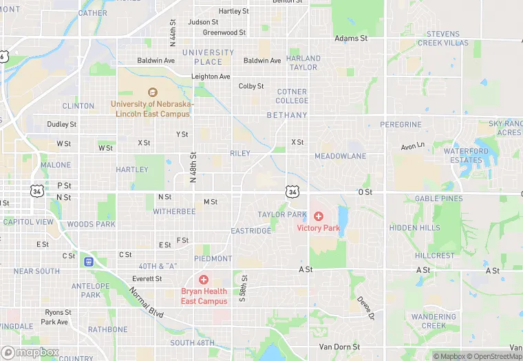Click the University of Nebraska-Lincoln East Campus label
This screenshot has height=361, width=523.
[153, 109]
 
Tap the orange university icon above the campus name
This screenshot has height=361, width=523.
[153, 92]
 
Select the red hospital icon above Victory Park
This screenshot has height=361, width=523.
[319, 216]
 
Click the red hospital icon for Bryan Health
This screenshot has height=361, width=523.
[204, 280]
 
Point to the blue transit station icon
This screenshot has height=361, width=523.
[88, 261]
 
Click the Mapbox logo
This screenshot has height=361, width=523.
[30, 352]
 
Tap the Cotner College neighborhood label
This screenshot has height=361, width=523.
[292, 96]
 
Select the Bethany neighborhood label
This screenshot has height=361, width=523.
[286, 115]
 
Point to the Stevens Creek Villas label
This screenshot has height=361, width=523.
[447, 38]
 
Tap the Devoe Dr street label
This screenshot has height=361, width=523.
[365, 307]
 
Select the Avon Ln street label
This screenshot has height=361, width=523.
[413, 147]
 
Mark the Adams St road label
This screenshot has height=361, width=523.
[351, 39]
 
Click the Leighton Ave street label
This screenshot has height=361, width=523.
[211, 76]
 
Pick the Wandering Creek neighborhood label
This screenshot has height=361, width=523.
[434, 321]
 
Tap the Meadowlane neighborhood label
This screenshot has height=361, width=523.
[340, 156]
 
